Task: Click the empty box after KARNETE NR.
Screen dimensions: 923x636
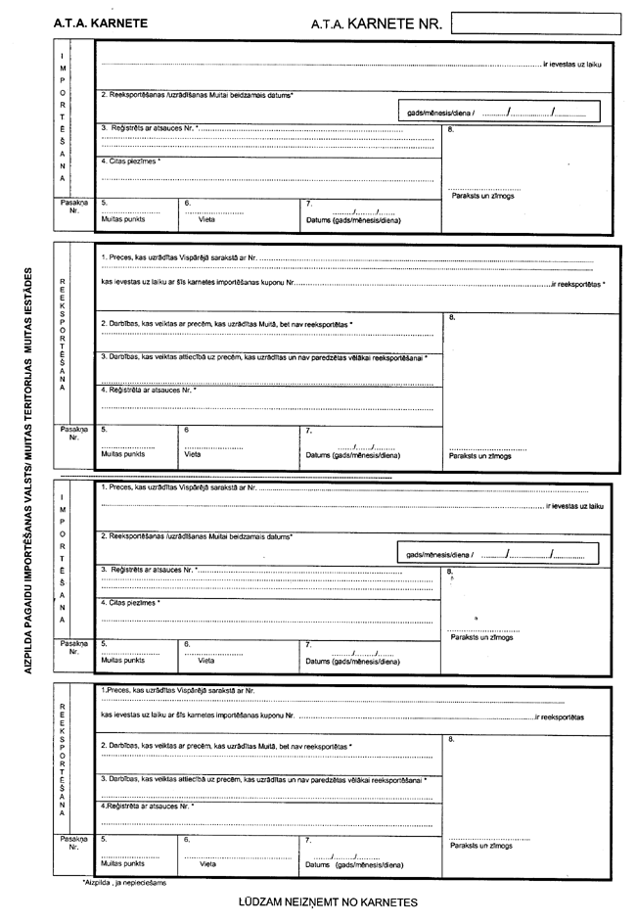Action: point(536,21)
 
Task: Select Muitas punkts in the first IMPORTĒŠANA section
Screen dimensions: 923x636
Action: point(122,221)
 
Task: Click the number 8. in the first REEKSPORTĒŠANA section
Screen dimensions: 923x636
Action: point(452,317)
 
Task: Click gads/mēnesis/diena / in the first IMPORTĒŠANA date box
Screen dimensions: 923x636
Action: point(441,113)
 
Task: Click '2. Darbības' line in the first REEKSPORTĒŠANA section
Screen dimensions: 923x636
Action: point(226,323)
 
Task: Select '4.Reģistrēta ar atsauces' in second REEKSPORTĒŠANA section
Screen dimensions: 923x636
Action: point(148,806)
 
